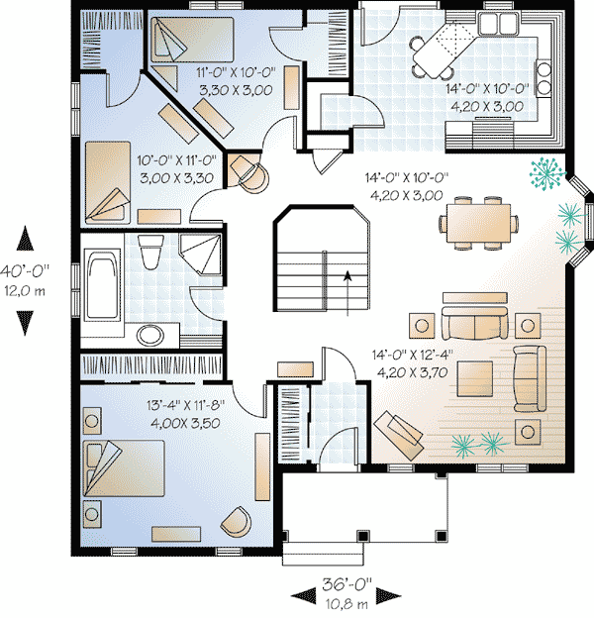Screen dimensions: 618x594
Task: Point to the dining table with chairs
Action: tap(480, 219)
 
